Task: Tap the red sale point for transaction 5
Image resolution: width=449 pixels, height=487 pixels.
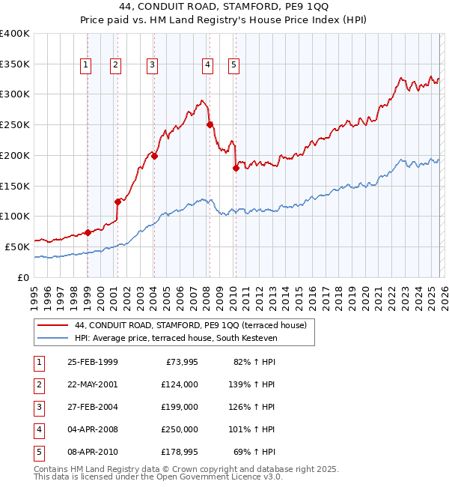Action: tap(236, 168)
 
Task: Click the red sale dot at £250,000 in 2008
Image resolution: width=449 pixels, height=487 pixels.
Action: tap(210, 124)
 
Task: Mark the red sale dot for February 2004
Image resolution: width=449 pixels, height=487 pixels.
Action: tap(154, 156)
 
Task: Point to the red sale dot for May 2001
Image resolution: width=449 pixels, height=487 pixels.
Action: tap(117, 201)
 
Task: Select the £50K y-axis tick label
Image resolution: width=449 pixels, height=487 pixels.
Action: tap(17, 246)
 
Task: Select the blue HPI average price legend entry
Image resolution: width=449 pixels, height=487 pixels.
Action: tap(176, 339)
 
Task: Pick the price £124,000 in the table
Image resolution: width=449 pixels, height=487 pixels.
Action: tap(180, 385)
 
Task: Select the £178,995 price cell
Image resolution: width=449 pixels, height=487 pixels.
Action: tap(180, 453)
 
